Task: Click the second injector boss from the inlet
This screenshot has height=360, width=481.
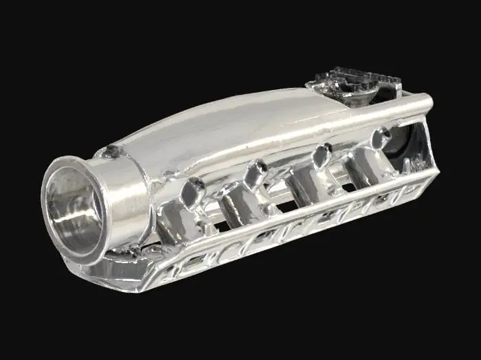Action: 256,172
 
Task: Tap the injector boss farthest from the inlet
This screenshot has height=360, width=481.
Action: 379,137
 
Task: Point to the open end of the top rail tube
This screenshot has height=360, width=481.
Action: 427,104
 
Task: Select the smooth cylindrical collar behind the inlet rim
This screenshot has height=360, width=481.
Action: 127,192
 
